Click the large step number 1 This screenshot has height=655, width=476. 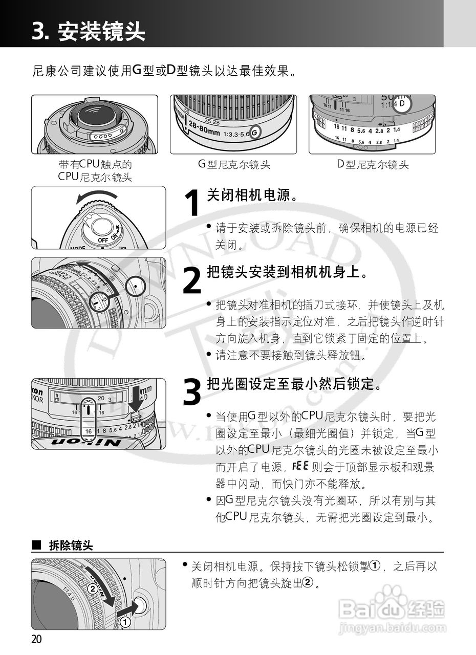[x=191, y=204]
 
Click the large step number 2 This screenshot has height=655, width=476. [x=191, y=281]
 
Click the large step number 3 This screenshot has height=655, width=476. [x=192, y=393]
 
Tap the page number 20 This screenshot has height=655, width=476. [x=36, y=639]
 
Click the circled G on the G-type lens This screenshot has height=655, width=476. [x=256, y=132]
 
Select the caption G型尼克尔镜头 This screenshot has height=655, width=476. [x=233, y=165]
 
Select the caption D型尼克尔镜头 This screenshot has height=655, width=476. [x=372, y=165]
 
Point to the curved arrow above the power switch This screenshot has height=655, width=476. [x=97, y=195]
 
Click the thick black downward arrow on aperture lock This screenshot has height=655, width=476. [x=135, y=397]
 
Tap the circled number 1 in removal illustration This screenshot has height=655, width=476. [x=125, y=622]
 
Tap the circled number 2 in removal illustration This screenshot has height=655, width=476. [x=92, y=588]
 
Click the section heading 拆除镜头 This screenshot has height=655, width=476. [x=71, y=546]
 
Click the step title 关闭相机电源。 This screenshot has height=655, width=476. [x=252, y=195]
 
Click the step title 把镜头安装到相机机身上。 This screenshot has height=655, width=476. [x=287, y=272]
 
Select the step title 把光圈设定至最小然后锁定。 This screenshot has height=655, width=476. [x=294, y=384]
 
